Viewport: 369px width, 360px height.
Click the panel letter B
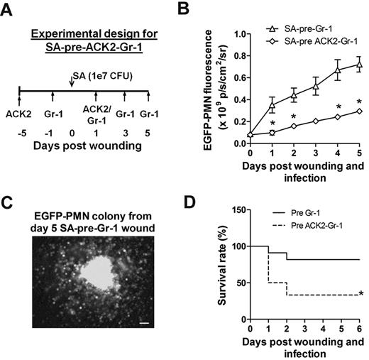[x=201, y=9]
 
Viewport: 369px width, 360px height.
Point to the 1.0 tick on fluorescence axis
[x=241, y=33]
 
